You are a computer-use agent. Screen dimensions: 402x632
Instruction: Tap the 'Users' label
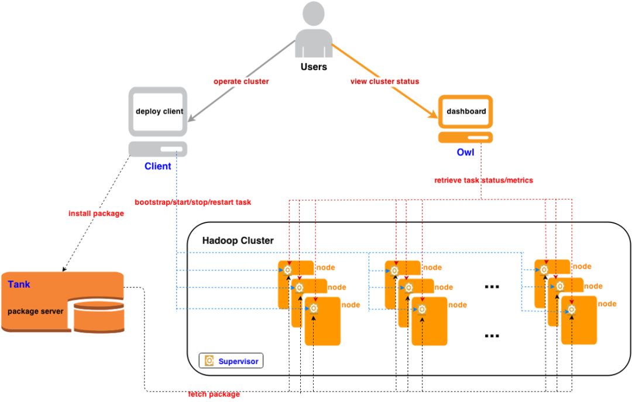(314, 67)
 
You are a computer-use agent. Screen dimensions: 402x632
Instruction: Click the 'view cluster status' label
(384, 81)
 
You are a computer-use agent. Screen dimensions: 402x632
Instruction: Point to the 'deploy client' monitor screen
(159, 111)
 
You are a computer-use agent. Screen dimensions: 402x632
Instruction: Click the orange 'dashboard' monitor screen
(466, 111)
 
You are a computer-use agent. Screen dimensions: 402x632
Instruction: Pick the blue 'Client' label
(158, 166)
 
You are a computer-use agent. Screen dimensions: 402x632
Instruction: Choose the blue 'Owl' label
(465, 153)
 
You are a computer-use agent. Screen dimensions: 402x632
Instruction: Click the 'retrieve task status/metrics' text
(483, 180)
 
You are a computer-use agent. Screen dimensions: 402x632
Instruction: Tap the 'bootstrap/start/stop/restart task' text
(193, 202)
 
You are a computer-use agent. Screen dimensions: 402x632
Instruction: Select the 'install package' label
(96, 214)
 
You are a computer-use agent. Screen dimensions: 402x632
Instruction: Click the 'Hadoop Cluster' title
(238, 240)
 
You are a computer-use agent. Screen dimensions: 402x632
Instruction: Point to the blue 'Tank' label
(19, 285)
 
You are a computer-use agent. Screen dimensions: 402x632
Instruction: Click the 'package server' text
(36, 311)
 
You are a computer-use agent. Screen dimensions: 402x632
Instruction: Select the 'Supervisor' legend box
(232, 361)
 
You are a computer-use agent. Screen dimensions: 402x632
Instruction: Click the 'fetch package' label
(214, 394)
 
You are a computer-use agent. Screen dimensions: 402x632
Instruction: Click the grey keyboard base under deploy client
(158, 149)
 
